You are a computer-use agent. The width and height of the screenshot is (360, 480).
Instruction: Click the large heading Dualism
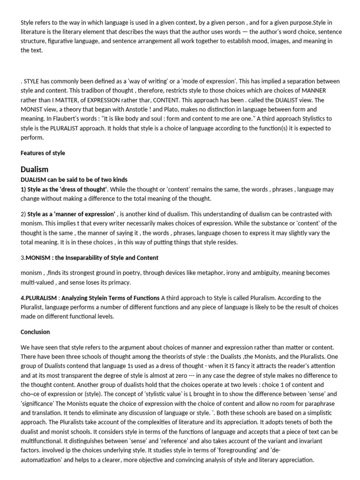coord(35,169)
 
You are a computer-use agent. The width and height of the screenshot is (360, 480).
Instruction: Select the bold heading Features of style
coord(43,153)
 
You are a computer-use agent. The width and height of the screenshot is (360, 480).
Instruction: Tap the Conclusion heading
coord(35,331)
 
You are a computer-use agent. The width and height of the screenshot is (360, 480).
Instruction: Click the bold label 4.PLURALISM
coord(39,298)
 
